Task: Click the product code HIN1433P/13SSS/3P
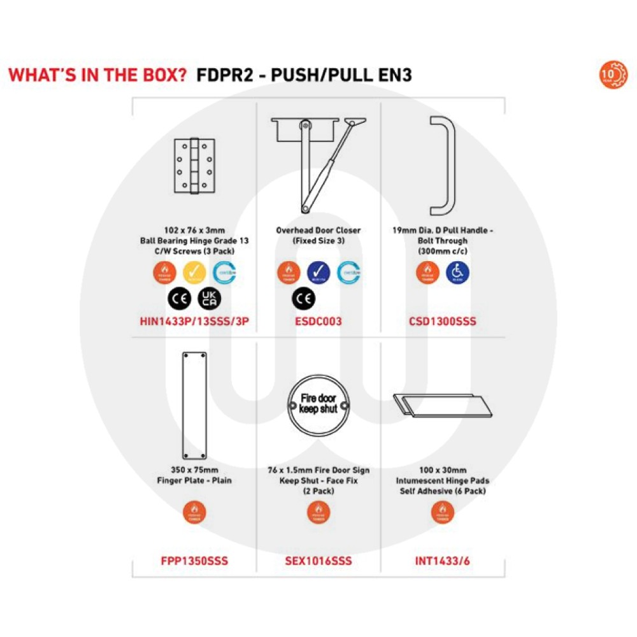(194, 322)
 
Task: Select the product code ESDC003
(318, 322)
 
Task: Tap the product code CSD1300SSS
(443, 322)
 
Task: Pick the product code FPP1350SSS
(194, 561)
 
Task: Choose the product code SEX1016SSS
(318, 561)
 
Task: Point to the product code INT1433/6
(442, 561)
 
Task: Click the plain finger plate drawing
(194, 405)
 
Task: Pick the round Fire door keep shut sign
(318, 405)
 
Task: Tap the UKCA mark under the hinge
(209, 297)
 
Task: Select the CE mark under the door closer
(302, 297)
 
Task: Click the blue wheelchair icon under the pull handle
(456, 272)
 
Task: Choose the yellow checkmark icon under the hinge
(194, 272)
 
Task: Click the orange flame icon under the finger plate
(194, 512)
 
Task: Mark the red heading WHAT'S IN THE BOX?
(97, 75)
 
